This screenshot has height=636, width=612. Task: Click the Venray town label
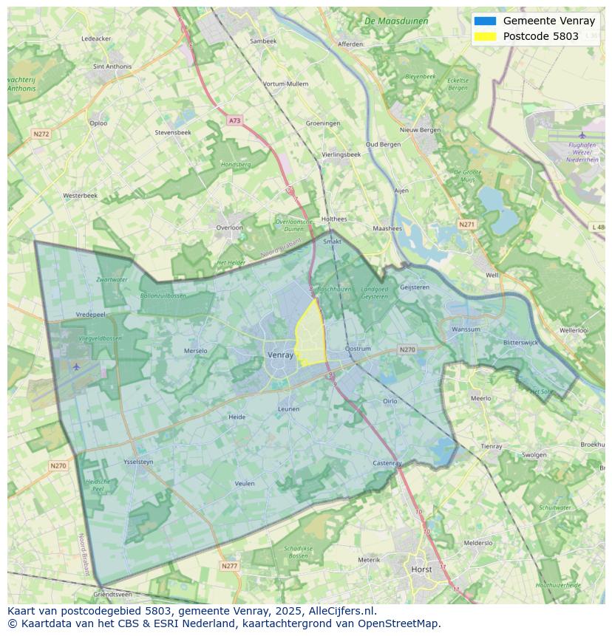(280, 355)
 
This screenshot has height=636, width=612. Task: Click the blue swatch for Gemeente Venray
(485, 21)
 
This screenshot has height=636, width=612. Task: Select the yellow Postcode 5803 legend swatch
(485, 36)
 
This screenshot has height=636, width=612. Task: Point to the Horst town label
(421, 570)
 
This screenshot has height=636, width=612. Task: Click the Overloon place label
(229, 228)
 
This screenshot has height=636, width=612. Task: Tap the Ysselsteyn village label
(138, 462)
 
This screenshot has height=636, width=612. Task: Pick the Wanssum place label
(466, 329)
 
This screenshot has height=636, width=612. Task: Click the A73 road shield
(234, 120)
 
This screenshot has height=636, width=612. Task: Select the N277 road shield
(229, 566)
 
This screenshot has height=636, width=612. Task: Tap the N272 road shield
(41, 134)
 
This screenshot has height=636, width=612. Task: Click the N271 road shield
(466, 224)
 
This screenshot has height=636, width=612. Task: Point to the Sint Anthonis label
(112, 66)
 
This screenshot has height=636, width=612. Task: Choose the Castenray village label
(387, 463)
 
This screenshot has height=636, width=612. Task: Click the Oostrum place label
(358, 349)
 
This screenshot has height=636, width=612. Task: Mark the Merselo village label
(195, 351)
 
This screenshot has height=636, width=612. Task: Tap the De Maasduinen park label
(396, 21)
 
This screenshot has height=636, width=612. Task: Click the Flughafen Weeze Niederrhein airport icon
(582, 135)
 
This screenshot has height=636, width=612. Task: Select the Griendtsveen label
(112, 594)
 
